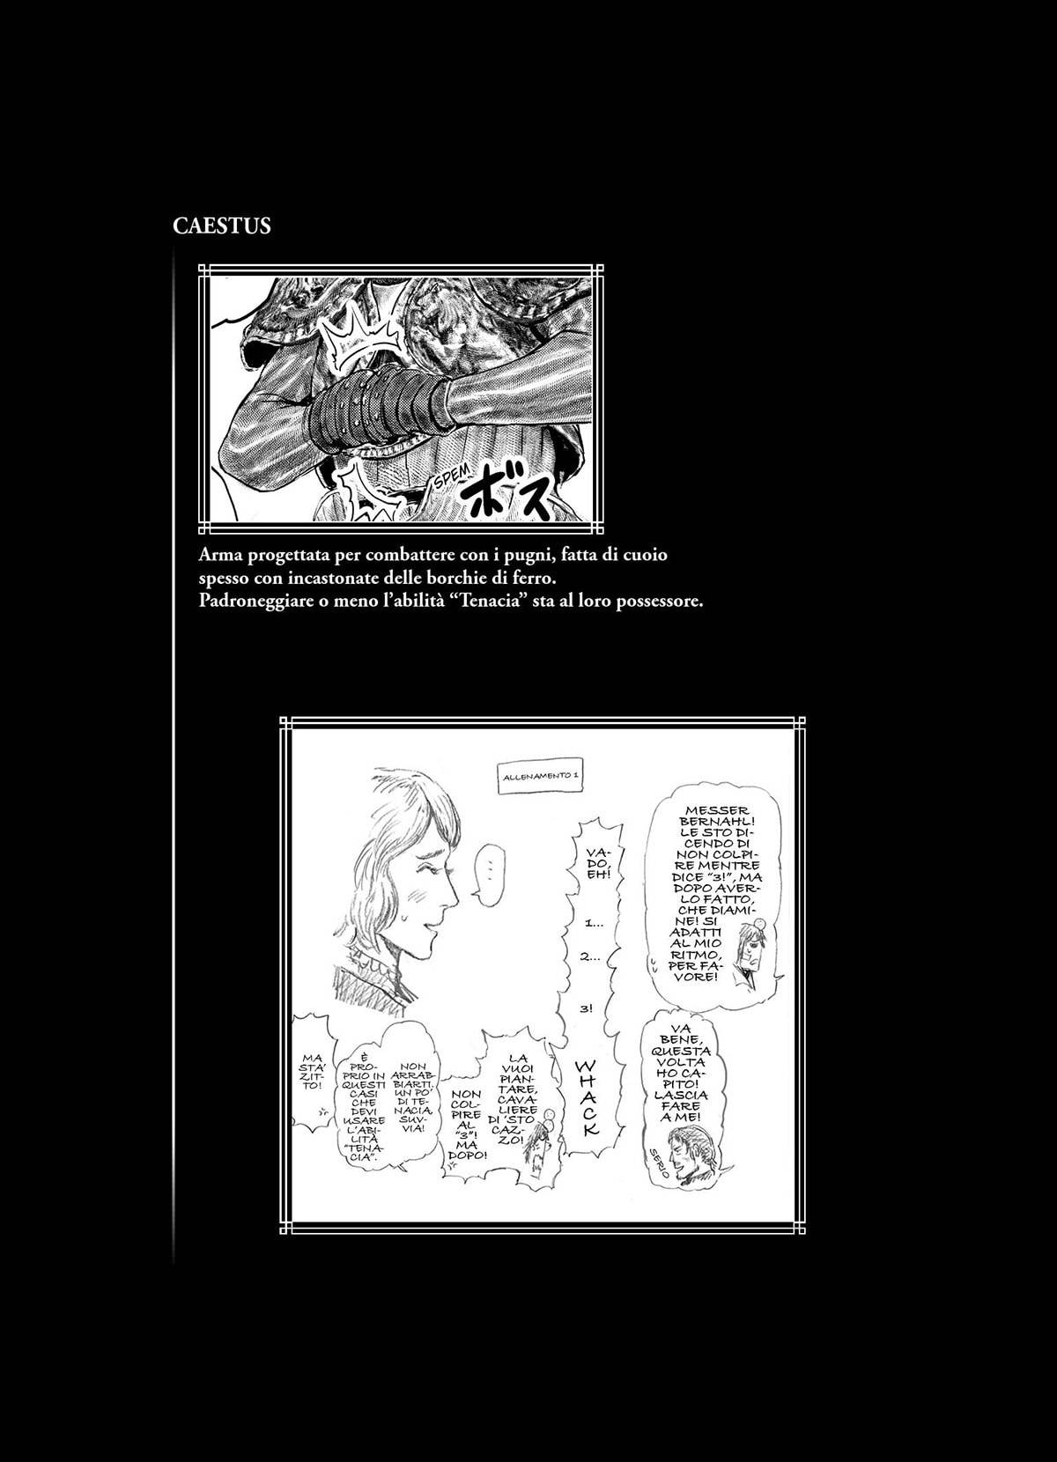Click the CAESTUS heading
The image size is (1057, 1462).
(222, 226)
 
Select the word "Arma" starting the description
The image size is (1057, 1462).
(221, 556)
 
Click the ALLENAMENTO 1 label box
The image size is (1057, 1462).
(540, 777)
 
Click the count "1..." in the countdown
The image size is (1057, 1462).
(592, 924)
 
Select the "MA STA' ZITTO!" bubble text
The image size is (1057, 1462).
(313, 1072)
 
